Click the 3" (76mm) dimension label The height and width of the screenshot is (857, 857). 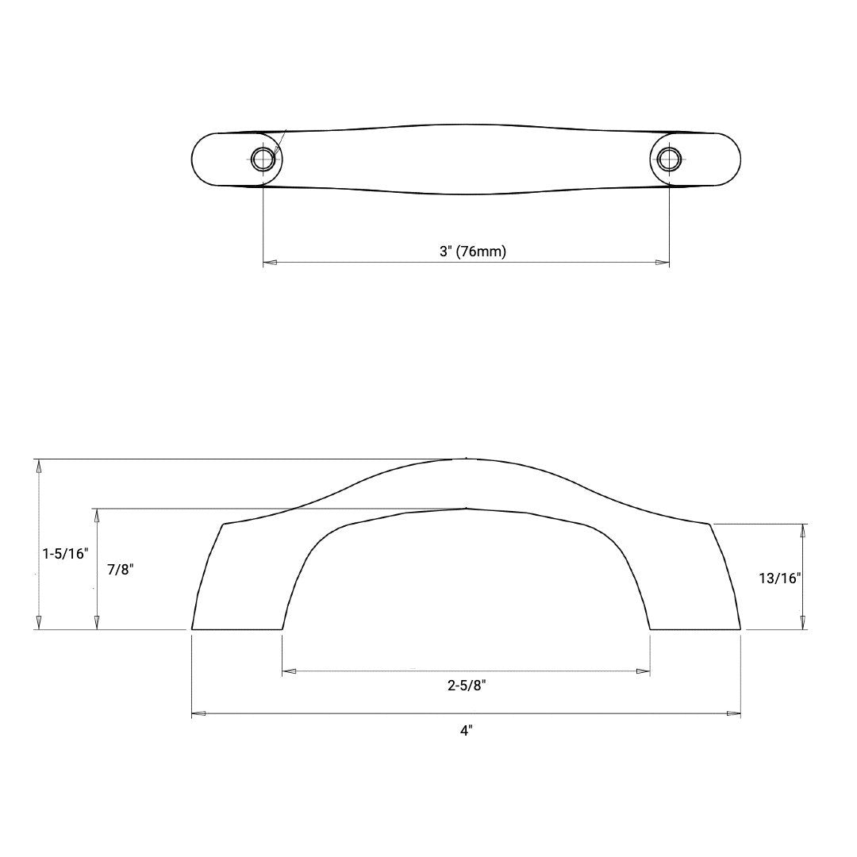point(473,252)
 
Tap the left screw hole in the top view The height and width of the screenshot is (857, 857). point(263,159)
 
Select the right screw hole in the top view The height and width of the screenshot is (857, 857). point(669,159)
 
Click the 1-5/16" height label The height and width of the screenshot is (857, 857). point(64,553)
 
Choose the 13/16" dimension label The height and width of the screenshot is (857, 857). point(779,578)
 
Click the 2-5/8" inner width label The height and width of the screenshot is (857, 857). point(467,686)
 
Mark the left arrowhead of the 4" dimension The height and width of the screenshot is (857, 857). point(199,713)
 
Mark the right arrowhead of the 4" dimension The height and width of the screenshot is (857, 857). point(734,713)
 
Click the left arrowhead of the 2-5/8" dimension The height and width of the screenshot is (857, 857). point(290,671)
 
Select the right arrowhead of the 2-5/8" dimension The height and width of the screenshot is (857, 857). point(644,671)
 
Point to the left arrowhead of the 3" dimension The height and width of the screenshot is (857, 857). point(270,262)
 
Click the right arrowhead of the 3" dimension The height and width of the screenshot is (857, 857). point(663,262)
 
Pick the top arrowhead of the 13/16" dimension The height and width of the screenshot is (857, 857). point(803,531)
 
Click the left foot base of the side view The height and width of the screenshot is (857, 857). point(237,628)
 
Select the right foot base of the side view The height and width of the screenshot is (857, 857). point(695,628)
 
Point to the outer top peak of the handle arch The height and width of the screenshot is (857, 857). point(466,459)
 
